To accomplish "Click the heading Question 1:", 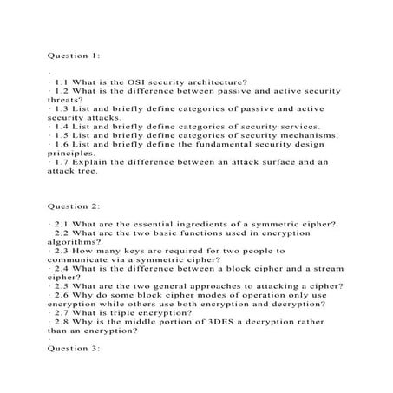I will coord(74,55).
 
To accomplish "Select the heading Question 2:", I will coord(74,207).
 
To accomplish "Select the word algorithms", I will coord(75,242).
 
